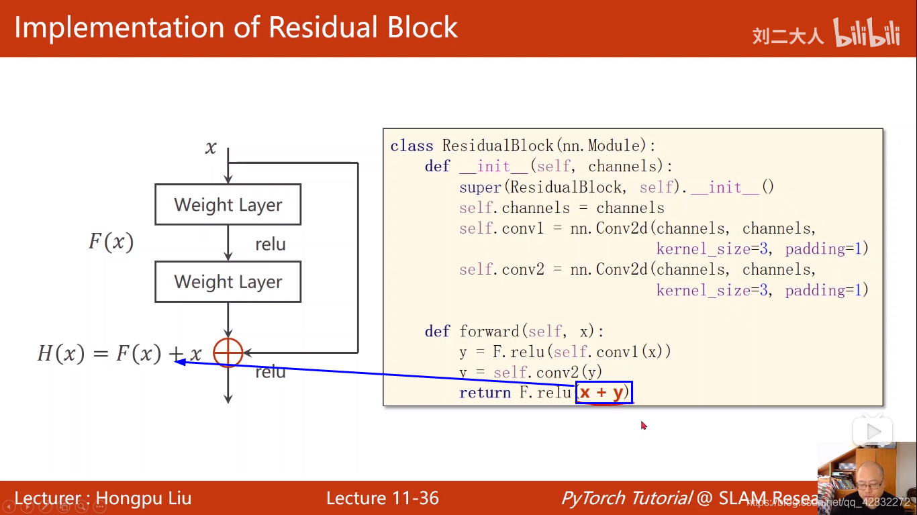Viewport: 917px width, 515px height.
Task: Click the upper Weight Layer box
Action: click(x=228, y=204)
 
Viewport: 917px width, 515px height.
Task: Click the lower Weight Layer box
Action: click(x=228, y=281)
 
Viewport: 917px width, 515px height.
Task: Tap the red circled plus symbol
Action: click(x=228, y=353)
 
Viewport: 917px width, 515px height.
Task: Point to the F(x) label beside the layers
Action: click(x=111, y=242)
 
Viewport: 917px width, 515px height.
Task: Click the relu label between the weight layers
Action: click(x=270, y=244)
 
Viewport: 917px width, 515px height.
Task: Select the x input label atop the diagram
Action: click(x=211, y=148)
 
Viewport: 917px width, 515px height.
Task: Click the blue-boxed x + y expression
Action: click(x=603, y=392)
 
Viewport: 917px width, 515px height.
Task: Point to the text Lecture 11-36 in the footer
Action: click(x=382, y=498)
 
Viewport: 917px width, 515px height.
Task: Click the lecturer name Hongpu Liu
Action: click(x=144, y=498)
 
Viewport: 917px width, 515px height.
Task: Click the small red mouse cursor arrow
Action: click(x=643, y=425)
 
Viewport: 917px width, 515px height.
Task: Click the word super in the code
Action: click(x=480, y=187)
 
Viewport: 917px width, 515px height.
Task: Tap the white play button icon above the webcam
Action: click(x=873, y=432)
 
